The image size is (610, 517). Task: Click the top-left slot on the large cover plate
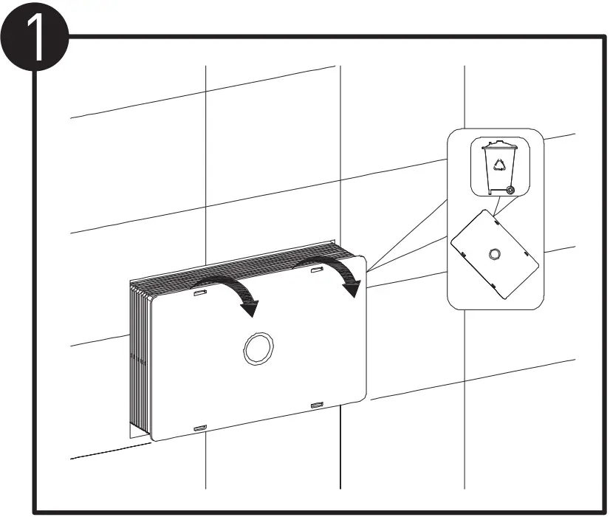[199, 294]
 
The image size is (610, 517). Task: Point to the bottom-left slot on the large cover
[199, 428]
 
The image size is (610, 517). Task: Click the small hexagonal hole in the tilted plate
[494, 255]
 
